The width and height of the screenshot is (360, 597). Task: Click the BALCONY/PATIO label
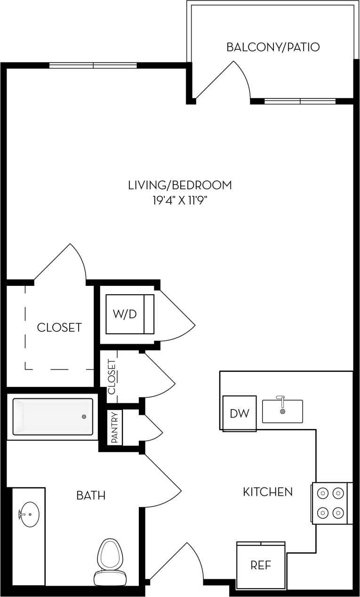click(x=273, y=47)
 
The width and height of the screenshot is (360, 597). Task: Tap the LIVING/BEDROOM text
click(x=180, y=185)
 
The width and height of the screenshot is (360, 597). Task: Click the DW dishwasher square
click(x=239, y=413)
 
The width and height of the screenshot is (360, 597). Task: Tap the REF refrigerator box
click(x=261, y=565)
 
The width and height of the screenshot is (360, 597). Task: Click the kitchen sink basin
click(x=282, y=411)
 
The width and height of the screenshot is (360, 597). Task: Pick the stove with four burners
click(x=330, y=503)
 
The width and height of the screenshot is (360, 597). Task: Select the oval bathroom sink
click(x=29, y=515)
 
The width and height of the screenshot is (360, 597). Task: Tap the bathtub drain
click(x=84, y=417)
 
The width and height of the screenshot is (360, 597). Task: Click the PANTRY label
click(x=114, y=428)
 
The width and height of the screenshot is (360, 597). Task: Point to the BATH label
click(x=91, y=495)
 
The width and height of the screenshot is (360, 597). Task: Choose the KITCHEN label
click(x=267, y=492)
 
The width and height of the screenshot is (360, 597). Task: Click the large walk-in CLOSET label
click(x=59, y=327)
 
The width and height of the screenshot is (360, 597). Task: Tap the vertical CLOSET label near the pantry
click(x=112, y=377)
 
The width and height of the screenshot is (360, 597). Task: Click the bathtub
click(x=53, y=417)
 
